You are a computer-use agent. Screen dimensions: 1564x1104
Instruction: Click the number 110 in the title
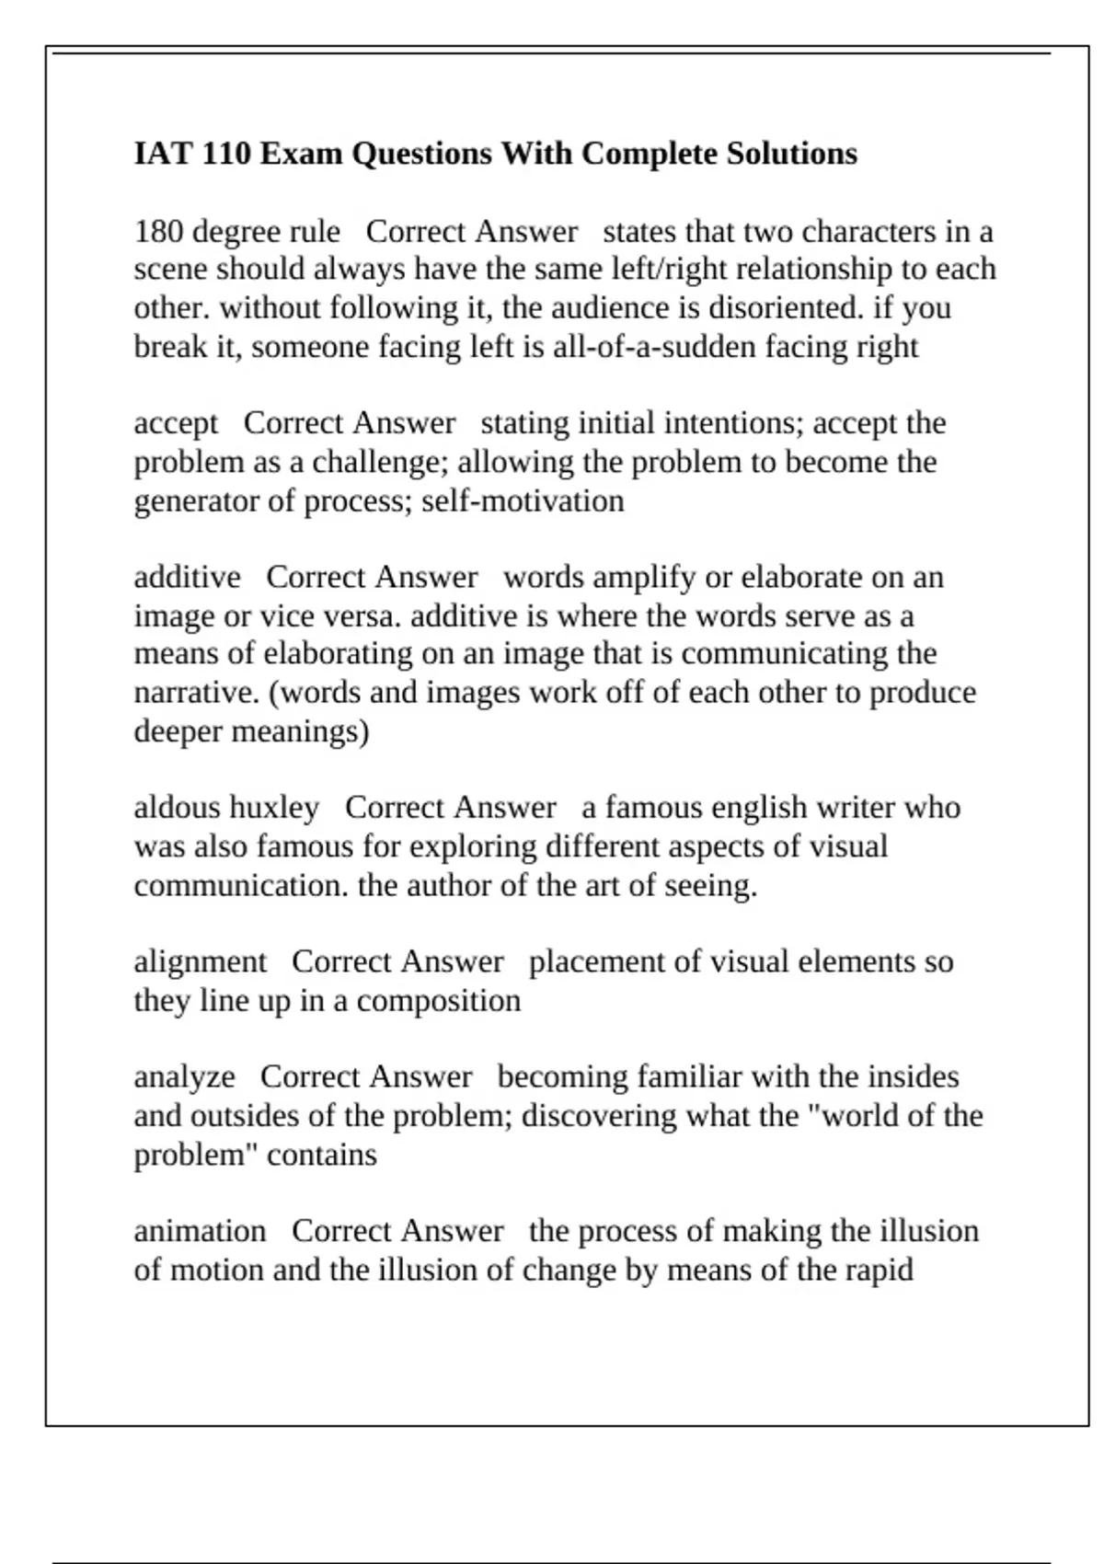[225, 153]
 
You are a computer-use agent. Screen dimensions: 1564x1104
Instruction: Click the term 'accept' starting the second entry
[176, 423]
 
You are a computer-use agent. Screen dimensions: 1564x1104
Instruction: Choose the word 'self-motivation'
[523, 501]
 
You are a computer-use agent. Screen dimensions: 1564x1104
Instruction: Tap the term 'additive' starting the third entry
[187, 577]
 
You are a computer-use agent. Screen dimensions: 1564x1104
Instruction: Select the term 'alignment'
[200, 961]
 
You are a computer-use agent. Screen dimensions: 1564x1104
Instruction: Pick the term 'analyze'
[184, 1076]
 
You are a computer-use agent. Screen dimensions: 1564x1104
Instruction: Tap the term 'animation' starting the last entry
[200, 1231]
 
